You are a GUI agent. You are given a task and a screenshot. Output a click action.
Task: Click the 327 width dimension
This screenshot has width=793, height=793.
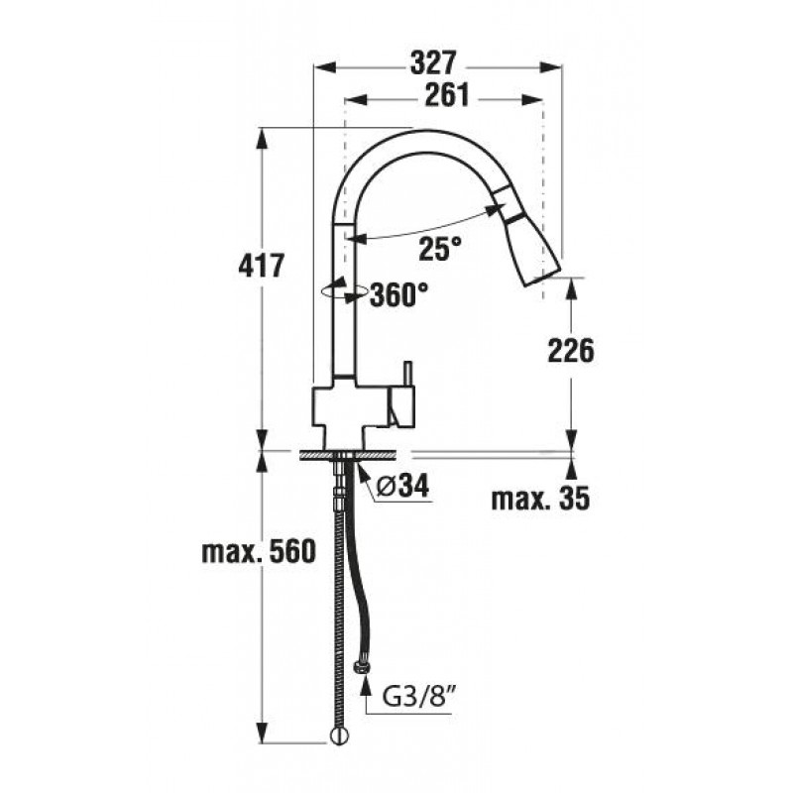coord(433,63)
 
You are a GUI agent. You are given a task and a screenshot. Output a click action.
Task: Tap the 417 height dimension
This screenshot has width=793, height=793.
coord(262,266)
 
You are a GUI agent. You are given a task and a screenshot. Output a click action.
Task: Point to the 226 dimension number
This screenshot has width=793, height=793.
coord(571,351)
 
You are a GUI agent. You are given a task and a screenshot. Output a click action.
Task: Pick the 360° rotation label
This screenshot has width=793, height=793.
coord(399,294)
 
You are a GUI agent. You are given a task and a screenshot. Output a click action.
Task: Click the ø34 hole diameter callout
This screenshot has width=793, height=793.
coord(403,487)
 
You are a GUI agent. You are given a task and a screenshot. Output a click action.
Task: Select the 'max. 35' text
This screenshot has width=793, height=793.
coord(540,499)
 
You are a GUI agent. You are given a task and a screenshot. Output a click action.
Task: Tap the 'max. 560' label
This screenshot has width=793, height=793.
coord(259,551)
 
